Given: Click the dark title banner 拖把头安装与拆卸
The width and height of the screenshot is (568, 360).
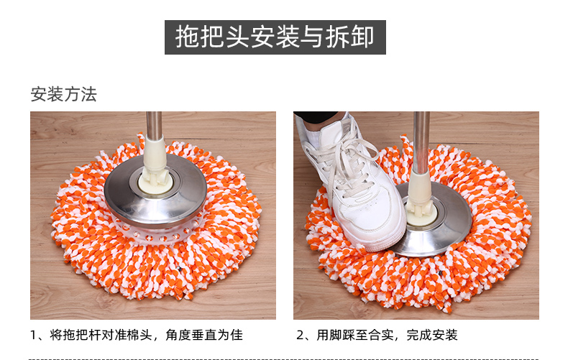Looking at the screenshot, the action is point(275,37).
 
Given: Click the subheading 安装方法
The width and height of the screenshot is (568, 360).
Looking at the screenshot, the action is point(64,95).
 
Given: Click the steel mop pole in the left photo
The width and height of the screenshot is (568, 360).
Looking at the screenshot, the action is point(154,125).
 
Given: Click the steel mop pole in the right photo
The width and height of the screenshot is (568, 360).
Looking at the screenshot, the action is point(421,142).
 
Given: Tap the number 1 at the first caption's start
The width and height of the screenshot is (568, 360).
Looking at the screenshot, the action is point(33,336).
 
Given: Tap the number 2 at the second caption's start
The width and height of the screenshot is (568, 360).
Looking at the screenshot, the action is point(301,336).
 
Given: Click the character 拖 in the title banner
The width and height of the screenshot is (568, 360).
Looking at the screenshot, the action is point(187,37).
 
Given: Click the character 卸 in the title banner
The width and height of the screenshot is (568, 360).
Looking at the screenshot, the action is point(362,37).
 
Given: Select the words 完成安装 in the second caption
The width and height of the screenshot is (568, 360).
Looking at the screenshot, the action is point(432,335).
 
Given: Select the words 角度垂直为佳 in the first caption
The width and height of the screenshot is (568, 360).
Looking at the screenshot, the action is point(204,335).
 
